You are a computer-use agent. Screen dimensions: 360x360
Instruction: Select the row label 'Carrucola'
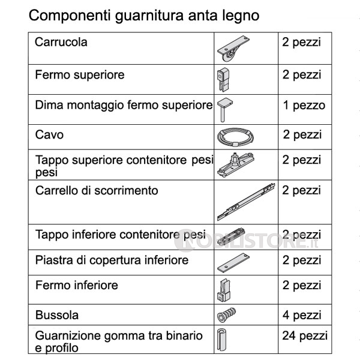61,43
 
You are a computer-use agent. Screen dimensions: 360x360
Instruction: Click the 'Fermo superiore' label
80,75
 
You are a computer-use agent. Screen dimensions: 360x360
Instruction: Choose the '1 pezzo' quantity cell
304,106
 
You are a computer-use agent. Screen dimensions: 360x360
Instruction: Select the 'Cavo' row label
49,135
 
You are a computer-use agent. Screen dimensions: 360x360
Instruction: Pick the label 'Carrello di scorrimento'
97,191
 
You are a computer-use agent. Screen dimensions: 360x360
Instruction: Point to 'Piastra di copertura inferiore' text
112,260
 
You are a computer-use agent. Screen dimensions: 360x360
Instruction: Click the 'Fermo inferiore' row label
77,285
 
